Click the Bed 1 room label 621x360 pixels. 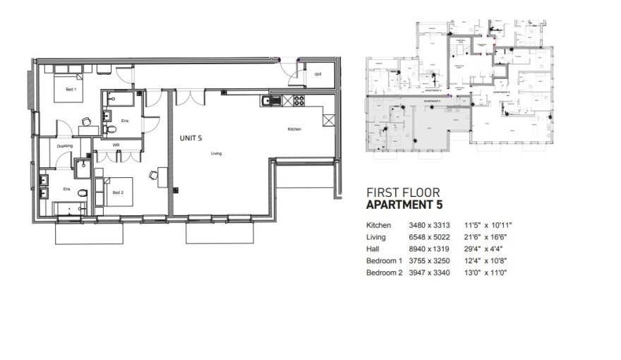coord(71,90)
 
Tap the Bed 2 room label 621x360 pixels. coord(119,192)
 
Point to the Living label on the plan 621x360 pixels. coord(217,152)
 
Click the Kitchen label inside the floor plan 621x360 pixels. coord(295,129)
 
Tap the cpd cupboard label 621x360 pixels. coord(318,73)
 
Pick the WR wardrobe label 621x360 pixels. coord(116,145)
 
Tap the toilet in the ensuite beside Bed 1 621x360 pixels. coord(113,129)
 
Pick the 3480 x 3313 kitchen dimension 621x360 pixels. coord(429,225)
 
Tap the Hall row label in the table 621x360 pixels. coord(373,248)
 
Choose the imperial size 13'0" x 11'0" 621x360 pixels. coord(486,272)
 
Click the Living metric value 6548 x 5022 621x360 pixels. coord(429,237)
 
